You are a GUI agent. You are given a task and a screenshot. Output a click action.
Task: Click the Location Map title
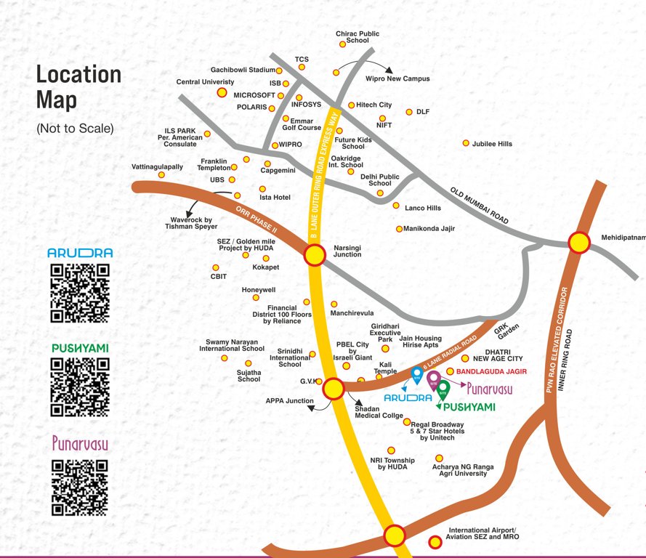78,86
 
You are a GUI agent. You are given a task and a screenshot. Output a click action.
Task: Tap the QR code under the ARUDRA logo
80,293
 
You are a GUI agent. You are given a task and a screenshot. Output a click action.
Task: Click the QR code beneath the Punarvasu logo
80,486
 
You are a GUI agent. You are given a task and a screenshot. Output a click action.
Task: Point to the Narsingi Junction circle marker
315,255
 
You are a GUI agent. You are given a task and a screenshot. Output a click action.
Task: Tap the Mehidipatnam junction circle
578,243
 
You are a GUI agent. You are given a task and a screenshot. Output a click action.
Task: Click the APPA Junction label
289,400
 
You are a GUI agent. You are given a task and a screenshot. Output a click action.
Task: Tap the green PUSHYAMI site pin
443,389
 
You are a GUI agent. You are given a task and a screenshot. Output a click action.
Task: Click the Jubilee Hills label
492,144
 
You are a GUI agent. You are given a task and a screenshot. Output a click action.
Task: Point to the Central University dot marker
222,93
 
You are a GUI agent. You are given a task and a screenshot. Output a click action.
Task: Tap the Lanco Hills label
423,208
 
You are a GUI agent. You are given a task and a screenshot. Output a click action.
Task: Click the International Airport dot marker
435,541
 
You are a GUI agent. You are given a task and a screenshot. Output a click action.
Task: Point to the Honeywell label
259,290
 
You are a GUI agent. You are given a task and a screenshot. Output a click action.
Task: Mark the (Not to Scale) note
76,129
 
